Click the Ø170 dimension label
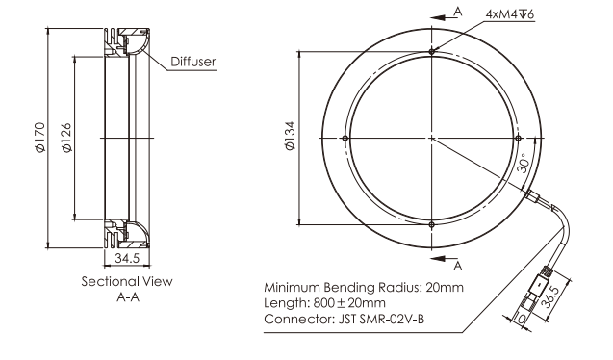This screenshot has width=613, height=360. (40, 138)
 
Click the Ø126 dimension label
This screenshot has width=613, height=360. (66, 138)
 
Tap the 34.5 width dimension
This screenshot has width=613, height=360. (127, 258)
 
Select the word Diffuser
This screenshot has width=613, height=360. (193, 62)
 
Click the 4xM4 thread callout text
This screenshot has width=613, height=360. (509, 14)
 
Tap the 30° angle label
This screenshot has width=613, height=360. (524, 163)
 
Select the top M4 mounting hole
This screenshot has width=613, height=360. (431, 51)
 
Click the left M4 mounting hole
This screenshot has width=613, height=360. (345, 138)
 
